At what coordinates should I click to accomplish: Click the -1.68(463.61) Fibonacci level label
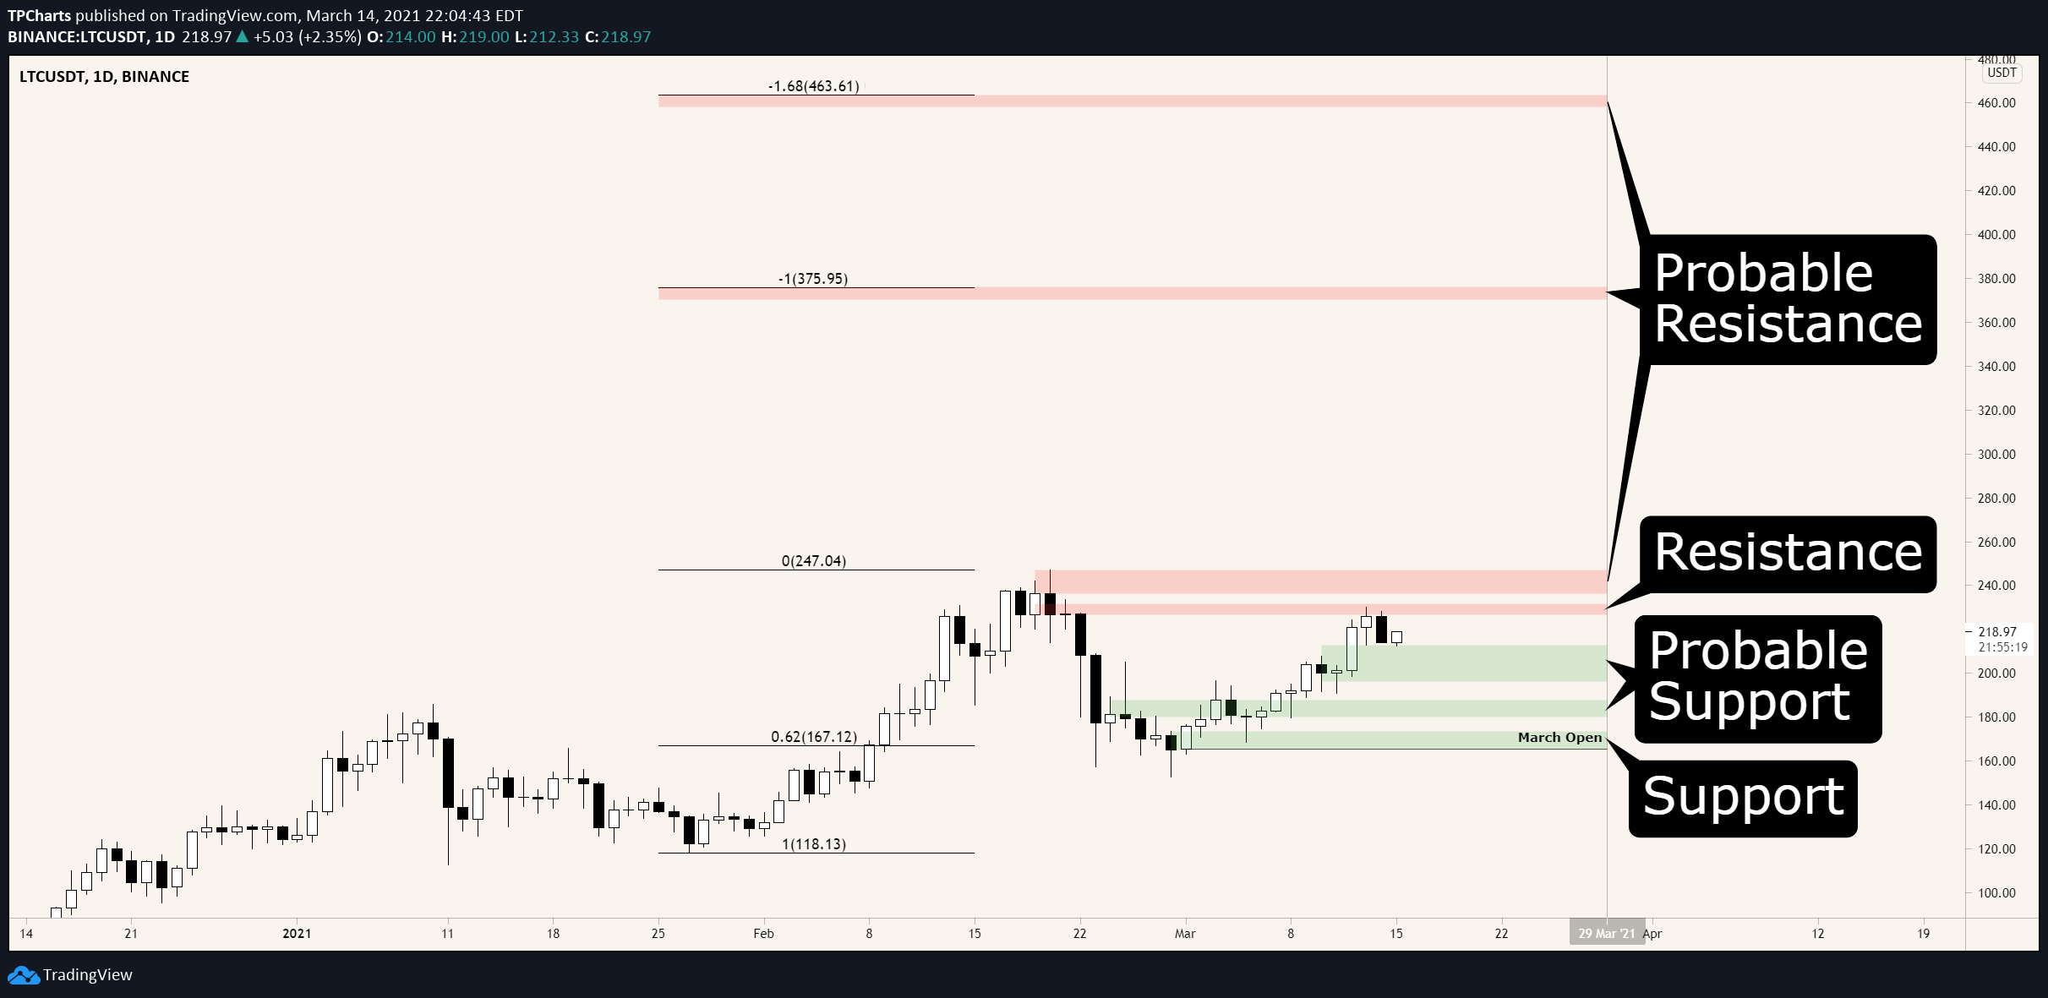(813, 86)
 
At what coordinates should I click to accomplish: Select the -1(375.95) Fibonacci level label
(813, 279)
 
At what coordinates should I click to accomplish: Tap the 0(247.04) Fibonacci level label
(814, 561)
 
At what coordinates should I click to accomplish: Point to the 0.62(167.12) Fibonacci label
(814, 737)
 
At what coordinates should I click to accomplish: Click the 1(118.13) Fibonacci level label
(814, 844)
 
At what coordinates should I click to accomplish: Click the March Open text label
(1559, 738)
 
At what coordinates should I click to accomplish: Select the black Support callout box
(1743, 799)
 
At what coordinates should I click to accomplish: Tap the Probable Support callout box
(1758, 679)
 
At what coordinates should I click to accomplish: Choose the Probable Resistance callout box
(1788, 300)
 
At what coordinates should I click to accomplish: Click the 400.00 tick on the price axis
(1996, 235)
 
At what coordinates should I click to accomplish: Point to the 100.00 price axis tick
(1996, 893)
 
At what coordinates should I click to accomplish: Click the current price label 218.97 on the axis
(1997, 632)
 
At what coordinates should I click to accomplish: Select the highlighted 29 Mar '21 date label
(1607, 934)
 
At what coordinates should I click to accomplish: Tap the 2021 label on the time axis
(297, 934)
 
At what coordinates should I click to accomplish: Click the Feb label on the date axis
(763, 934)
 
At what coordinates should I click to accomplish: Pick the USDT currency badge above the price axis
(2002, 73)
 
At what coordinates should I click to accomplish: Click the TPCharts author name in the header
(39, 16)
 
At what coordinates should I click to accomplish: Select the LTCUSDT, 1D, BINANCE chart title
(104, 77)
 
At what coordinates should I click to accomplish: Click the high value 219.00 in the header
(484, 37)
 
